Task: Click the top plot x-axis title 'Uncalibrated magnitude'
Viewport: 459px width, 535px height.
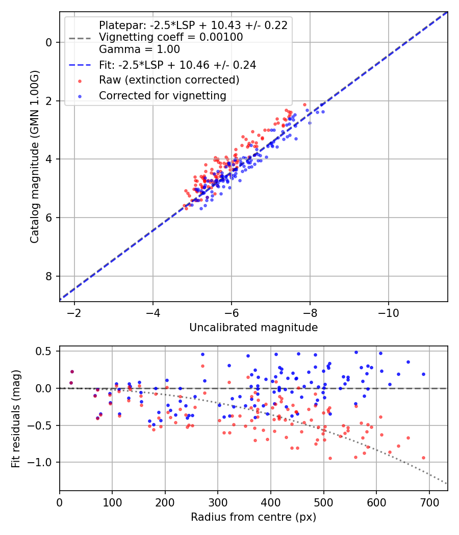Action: point(253,328)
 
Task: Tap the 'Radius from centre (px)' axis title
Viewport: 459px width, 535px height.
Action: point(253,517)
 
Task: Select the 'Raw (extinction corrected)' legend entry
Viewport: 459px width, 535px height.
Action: point(169,80)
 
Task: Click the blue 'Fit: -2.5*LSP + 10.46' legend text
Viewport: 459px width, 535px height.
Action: point(177,65)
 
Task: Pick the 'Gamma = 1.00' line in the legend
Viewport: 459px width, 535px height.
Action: point(139,49)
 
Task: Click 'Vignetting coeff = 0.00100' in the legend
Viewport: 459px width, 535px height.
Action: point(171,37)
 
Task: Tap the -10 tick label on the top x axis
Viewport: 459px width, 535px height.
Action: point(389,312)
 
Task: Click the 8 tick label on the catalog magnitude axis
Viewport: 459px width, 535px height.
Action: point(49,276)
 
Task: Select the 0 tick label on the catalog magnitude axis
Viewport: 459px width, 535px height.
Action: point(49,42)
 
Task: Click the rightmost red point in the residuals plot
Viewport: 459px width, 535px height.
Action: point(423,458)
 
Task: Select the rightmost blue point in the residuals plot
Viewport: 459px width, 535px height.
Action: point(423,374)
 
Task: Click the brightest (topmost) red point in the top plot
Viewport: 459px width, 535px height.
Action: point(304,104)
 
